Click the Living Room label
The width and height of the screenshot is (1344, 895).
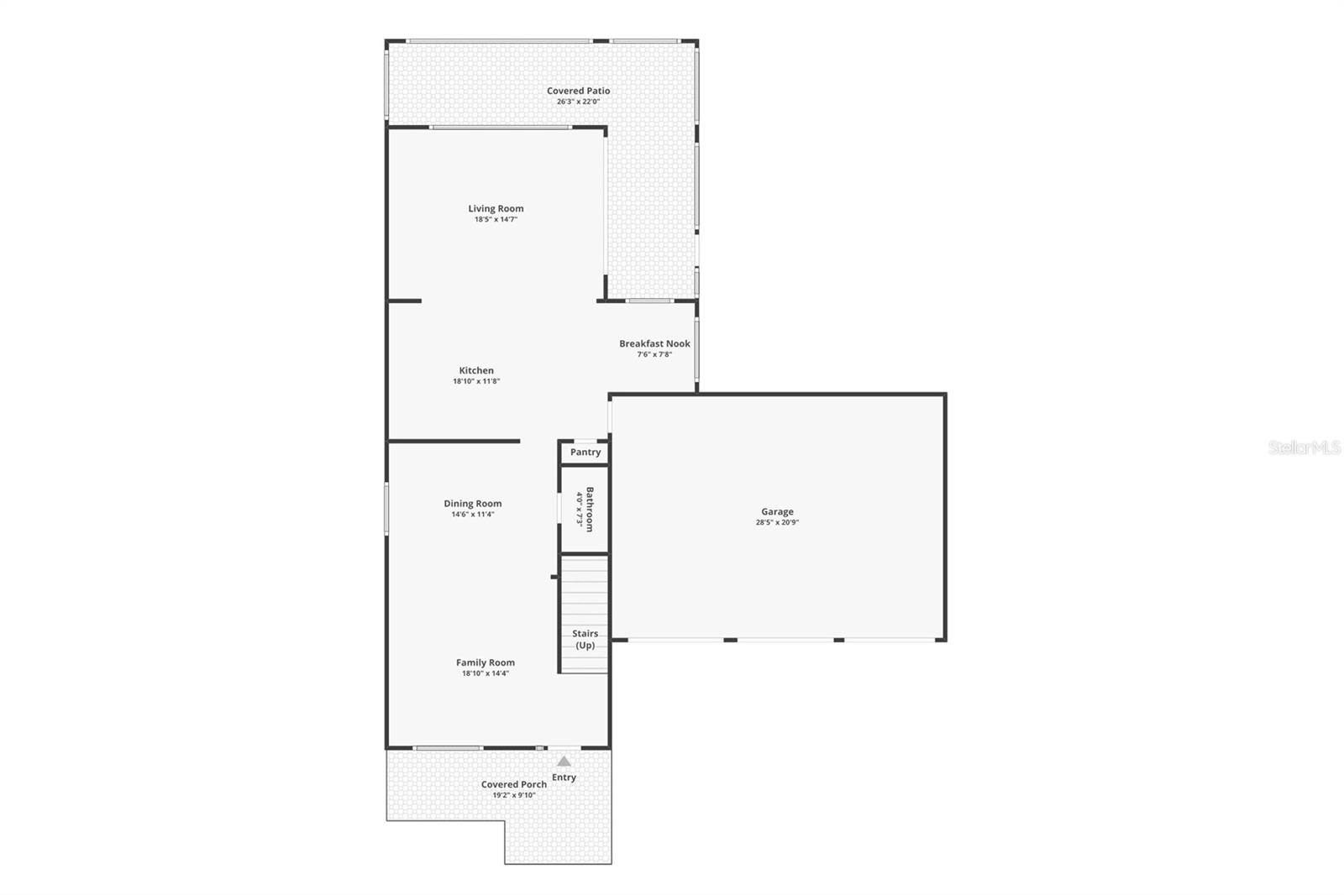496,209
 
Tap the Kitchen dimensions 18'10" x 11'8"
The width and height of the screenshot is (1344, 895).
476,381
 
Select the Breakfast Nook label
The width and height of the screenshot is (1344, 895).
654,343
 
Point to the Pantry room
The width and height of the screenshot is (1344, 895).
585,453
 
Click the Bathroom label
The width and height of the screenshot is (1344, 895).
590,509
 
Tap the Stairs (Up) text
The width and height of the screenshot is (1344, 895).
585,639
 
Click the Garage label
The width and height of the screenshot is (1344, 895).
777,511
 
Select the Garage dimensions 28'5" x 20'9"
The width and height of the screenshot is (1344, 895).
777,522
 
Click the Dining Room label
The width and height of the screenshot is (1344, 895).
473,504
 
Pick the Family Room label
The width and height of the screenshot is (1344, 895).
486,662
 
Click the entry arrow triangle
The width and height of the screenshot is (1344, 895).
564,762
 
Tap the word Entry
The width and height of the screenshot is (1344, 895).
564,777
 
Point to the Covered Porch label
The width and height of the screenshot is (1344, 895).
514,784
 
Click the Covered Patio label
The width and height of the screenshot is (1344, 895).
579,91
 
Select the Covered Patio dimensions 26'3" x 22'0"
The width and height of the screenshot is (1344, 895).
579,102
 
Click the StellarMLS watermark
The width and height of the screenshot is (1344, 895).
1305,448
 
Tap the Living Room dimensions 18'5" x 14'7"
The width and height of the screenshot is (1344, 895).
496,220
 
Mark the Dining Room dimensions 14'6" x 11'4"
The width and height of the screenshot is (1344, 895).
473,515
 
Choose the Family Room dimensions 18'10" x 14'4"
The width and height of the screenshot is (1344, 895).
486,673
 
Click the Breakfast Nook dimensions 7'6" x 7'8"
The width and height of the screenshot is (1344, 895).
654,354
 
